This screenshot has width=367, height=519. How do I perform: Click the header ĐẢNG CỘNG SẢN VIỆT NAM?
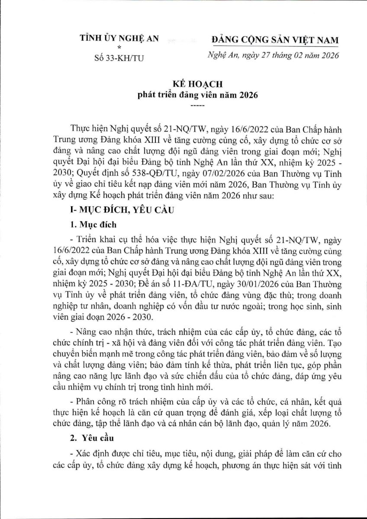tap(275, 40)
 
